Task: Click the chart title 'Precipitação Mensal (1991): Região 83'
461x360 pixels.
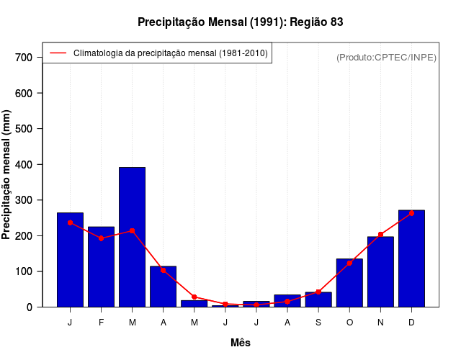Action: pos(240,22)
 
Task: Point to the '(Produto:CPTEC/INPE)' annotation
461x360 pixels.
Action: pos(386,57)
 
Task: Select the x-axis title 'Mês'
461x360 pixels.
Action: pos(241,343)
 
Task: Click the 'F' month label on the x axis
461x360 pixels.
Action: pos(102,323)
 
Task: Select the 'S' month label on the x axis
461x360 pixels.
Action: pos(318,323)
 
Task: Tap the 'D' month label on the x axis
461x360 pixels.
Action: pos(411,323)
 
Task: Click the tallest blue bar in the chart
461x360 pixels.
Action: pos(133,238)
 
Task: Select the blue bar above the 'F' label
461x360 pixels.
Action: pos(102,267)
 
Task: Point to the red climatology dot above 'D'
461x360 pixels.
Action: pos(411,213)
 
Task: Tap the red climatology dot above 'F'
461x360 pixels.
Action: pos(102,238)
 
